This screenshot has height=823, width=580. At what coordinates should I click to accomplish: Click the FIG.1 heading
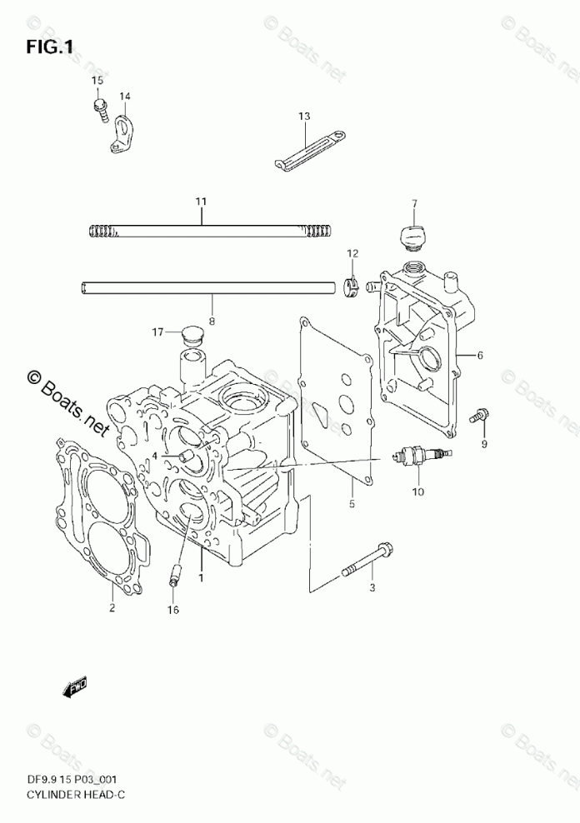click(49, 47)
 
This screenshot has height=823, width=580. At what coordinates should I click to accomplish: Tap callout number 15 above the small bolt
click(97, 80)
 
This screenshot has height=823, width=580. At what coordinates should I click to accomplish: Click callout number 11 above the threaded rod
click(201, 202)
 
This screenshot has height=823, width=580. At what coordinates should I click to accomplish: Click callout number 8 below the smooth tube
click(212, 319)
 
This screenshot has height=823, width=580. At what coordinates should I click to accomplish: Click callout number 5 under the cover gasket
click(352, 504)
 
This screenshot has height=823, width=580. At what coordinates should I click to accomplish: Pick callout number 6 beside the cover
click(480, 356)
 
